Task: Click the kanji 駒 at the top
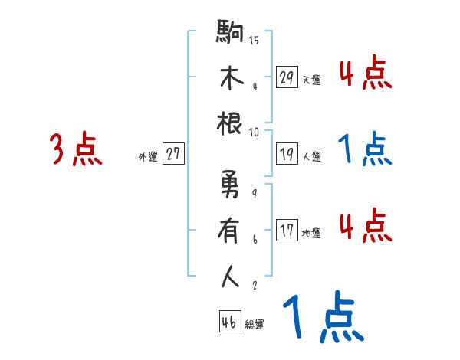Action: coord(230,34)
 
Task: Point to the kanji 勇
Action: coord(230,186)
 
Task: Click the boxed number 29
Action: coord(287,77)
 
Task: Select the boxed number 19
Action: coord(287,154)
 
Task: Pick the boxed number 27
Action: coord(173,154)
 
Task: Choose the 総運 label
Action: coord(255,323)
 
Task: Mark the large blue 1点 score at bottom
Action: coord(323,318)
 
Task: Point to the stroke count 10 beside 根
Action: coord(254,131)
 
